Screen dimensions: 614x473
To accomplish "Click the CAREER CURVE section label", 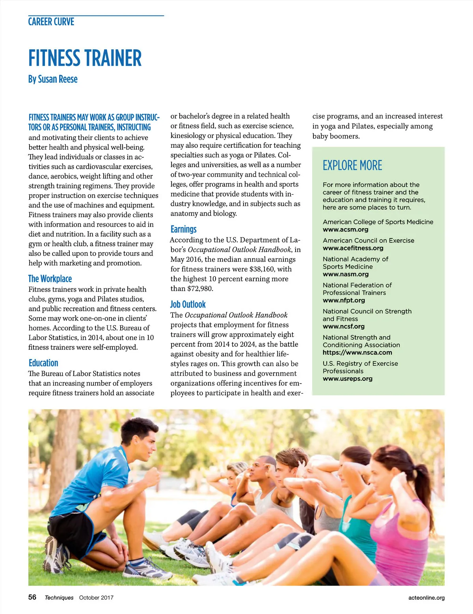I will tap(51, 22).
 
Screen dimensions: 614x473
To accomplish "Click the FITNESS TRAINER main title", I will tap(85, 58).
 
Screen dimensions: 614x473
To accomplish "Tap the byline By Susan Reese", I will tap(53, 79).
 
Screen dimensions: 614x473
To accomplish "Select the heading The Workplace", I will tap(50, 279).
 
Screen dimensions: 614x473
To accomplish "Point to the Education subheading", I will tap(43, 363).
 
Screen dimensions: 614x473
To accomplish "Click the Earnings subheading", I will tap(183, 229).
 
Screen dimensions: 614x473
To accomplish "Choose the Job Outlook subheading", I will tap(188, 304).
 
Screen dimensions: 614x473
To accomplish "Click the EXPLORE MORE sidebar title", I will tap(352, 166).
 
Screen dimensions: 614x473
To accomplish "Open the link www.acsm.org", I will tap(345, 229).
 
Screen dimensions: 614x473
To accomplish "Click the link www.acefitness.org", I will tap(353, 248).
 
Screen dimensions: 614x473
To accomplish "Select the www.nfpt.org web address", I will tap(344, 300).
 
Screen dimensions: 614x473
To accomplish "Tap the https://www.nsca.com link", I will tap(357, 353).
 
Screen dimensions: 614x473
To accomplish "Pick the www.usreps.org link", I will tap(347, 379).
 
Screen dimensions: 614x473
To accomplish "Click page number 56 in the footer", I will tap(32, 597).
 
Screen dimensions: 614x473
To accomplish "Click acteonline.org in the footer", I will tap(426, 597).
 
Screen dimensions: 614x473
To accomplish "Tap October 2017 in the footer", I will tap(96, 597).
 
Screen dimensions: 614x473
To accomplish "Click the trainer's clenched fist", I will tap(152, 476).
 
